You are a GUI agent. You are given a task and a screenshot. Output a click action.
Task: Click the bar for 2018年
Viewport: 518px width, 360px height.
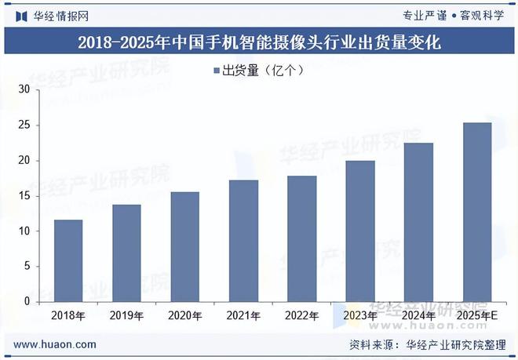(x=68, y=260)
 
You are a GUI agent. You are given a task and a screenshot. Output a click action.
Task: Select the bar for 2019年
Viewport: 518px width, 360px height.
(x=127, y=253)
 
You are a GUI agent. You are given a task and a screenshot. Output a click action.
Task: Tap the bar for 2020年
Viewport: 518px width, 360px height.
(x=185, y=246)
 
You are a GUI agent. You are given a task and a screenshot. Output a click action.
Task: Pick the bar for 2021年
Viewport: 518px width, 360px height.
(x=243, y=241)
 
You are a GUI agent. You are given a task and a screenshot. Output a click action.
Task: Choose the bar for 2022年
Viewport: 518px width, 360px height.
(x=302, y=238)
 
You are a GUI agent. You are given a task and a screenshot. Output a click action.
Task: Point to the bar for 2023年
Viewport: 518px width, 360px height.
(x=360, y=231)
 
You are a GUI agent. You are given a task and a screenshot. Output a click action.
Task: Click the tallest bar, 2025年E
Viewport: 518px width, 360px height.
(x=477, y=212)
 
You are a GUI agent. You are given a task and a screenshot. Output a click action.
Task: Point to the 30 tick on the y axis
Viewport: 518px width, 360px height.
(x=24, y=90)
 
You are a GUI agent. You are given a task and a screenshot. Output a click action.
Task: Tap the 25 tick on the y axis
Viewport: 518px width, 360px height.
(x=24, y=125)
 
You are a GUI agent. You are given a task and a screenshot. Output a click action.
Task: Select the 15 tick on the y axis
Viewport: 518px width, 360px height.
(x=24, y=196)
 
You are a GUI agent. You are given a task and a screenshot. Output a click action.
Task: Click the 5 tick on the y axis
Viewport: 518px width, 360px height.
(x=26, y=267)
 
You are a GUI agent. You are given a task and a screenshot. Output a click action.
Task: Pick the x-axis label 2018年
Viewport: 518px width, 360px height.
(x=68, y=315)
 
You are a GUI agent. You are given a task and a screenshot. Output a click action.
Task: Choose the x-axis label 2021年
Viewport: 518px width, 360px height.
(x=243, y=315)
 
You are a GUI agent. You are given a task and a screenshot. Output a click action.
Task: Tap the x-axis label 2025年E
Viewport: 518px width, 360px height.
(x=477, y=315)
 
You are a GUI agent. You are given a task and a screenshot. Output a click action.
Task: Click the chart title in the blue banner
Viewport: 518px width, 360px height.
(x=259, y=43)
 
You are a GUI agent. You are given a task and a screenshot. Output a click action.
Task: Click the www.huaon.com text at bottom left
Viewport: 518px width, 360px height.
(x=56, y=344)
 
